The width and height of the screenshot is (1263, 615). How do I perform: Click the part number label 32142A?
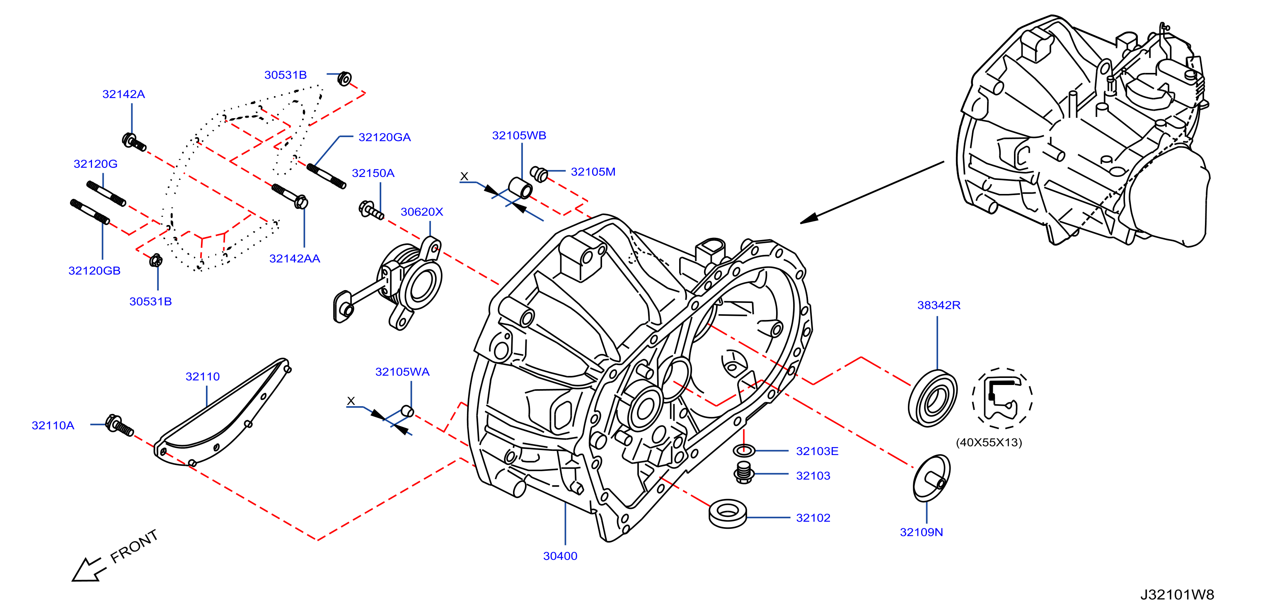pyautogui.click(x=123, y=94)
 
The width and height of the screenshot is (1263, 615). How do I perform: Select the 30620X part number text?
pyautogui.click(x=422, y=212)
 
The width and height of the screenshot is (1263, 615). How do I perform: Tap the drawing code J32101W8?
pyautogui.click(x=1177, y=594)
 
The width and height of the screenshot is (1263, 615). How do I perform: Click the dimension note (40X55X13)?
pyautogui.click(x=989, y=442)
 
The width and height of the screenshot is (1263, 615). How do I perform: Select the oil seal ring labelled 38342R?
pyautogui.click(x=933, y=398)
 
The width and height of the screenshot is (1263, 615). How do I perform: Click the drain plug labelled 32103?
pyautogui.click(x=744, y=473)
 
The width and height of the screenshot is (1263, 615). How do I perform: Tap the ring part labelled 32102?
pyautogui.click(x=728, y=513)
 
